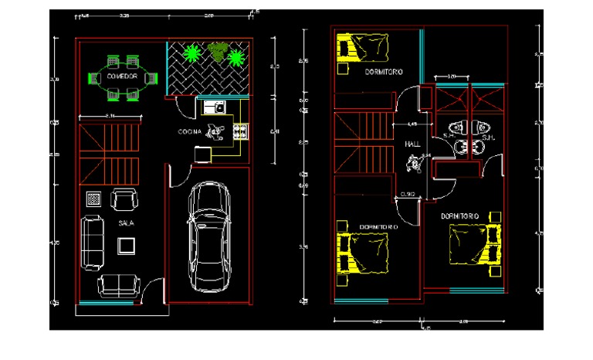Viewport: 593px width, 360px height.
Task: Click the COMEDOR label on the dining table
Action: coord(123,76)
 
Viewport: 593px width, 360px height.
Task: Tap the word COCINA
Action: coord(189,132)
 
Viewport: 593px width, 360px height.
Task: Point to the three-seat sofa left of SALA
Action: coord(93,243)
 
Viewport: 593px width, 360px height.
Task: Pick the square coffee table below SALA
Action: coord(125,246)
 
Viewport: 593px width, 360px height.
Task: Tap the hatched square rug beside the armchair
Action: coord(93,199)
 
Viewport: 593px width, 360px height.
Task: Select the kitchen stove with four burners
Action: coord(239,132)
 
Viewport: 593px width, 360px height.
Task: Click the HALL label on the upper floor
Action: coord(411,144)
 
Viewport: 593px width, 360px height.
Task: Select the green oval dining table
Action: coord(123,76)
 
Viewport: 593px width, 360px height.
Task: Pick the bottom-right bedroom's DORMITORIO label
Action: coord(461,215)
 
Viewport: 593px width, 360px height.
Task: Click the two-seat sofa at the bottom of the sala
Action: coord(117,285)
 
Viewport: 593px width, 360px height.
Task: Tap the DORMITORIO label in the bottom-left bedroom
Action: coord(378,227)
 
